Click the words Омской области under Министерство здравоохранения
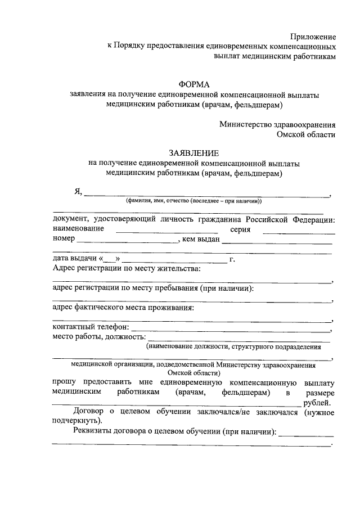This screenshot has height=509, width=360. (x=306, y=135)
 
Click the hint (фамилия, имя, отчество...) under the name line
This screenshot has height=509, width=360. (x=194, y=201)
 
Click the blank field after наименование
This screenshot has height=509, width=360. (x=166, y=229)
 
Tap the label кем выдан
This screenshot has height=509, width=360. (x=200, y=240)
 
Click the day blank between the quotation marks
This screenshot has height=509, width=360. (x=110, y=259)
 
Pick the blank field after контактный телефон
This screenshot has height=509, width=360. (x=231, y=327)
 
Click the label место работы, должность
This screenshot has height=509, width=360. (x=98, y=337)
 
